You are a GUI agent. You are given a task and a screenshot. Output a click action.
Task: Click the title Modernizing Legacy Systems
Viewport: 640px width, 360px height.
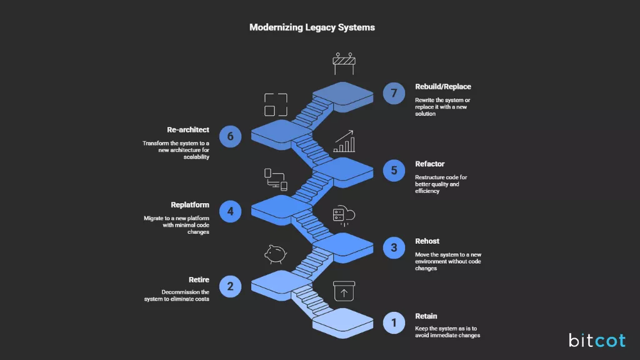tap(312, 27)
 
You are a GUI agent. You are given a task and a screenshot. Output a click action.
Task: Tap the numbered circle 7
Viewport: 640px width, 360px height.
tap(394, 94)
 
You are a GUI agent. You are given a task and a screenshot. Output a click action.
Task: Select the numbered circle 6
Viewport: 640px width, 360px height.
tap(230, 136)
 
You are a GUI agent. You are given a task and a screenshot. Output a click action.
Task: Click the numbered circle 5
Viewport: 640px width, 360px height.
tap(394, 170)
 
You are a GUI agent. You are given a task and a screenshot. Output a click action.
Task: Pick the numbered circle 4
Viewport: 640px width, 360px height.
tap(230, 211)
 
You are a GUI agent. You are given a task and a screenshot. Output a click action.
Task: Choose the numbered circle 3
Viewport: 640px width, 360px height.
tap(394, 247)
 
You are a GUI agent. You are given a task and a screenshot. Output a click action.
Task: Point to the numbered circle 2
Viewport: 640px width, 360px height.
tap(230, 286)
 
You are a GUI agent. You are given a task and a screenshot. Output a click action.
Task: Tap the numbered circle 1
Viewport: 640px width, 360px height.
tap(394, 322)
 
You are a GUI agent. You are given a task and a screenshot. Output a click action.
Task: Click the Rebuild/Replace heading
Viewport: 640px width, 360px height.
tap(442, 87)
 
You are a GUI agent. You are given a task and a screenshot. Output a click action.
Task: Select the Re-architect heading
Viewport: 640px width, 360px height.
tap(188, 130)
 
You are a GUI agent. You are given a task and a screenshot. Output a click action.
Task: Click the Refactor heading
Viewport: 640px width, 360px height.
tap(430, 164)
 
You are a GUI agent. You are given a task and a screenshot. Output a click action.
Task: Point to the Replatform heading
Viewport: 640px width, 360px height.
tap(190, 205)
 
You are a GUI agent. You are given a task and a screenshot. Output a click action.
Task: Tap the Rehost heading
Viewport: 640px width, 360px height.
tap(427, 241)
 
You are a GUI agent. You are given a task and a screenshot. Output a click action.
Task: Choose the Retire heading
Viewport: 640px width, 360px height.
tap(199, 280)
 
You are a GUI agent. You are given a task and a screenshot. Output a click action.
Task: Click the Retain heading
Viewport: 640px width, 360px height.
tap(426, 316)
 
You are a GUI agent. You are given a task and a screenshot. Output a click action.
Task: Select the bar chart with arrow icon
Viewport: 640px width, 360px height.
tap(344, 142)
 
